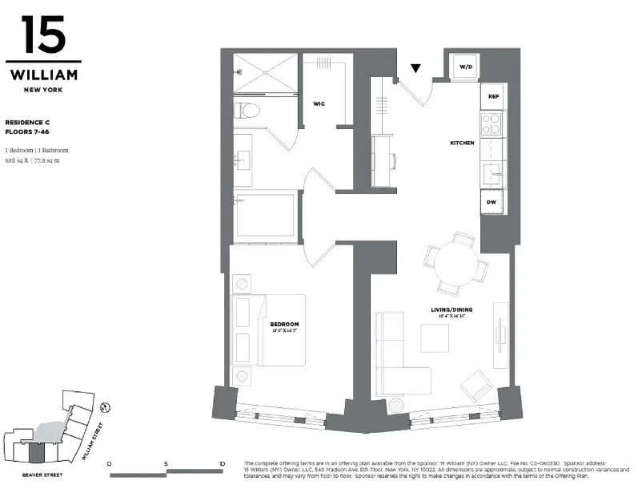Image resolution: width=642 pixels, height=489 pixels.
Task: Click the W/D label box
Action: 466,67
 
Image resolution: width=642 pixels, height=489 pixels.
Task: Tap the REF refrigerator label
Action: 492,97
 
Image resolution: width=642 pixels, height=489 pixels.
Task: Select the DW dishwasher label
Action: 492,202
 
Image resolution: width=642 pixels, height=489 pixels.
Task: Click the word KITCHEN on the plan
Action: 462,143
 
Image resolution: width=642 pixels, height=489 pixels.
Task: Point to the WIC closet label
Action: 319,103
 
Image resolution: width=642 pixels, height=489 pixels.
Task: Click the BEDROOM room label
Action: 284,324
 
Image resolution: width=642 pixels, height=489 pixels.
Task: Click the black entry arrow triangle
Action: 416,70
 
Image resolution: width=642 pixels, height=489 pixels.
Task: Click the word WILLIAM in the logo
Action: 43,75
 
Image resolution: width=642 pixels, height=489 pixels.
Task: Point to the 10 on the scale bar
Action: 222,464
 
